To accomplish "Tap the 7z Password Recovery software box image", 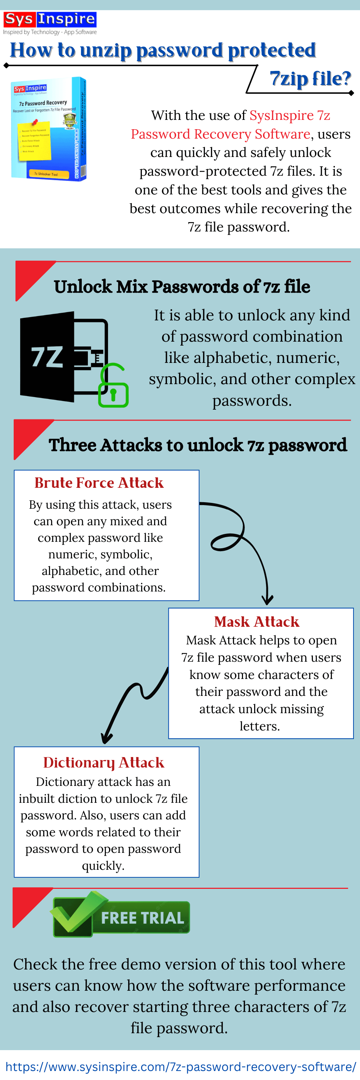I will click(x=49, y=129).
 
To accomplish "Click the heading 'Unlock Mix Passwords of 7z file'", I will click(x=182, y=287).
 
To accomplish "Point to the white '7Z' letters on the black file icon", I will click(x=47, y=357).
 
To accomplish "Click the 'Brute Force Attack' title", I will click(x=99, y=483).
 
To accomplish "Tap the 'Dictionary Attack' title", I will click(x=104, y=762).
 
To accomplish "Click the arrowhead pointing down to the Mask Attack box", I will click(x=267, y=599).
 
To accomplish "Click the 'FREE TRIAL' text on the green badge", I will click(x=143, y=918).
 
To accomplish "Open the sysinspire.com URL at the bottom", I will click(x=180, y=1066).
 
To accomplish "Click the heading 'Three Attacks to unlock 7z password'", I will click(x=197, y=445).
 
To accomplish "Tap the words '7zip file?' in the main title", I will click(x=310, y=79).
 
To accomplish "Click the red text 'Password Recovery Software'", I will click(x=220, y=134).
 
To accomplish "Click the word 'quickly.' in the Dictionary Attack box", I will click(x=103, y=866).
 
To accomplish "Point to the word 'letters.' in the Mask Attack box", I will click(x=260, y=726).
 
